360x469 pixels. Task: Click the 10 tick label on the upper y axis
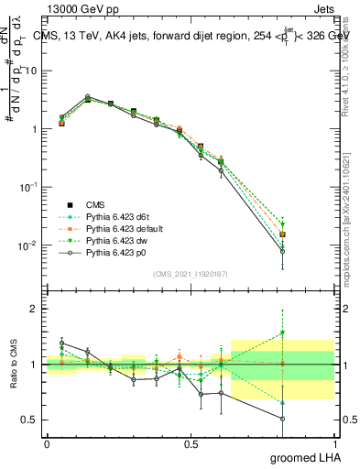pos(31,71)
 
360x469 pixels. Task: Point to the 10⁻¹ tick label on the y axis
pos(28,187)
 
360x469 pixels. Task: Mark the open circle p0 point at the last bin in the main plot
pos(283,251)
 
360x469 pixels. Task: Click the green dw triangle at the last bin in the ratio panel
pos(283,333)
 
